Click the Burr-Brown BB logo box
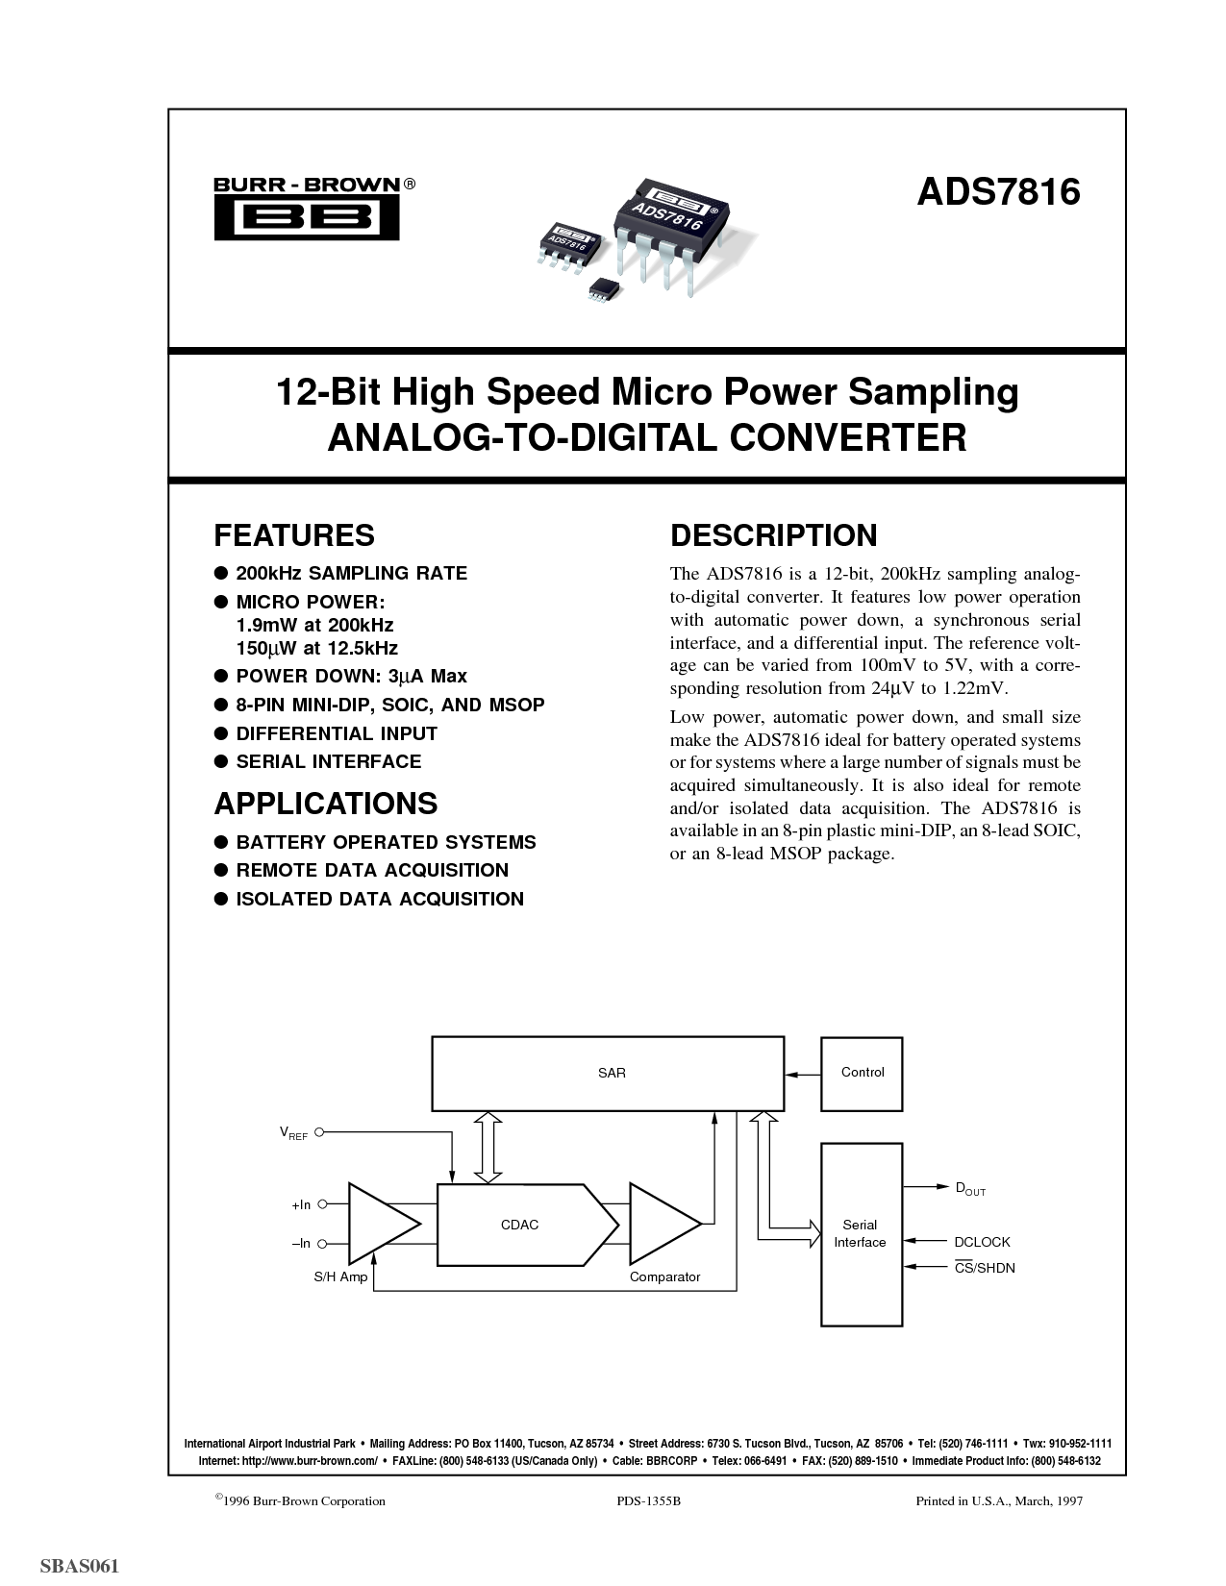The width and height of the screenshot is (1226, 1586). pyautogui.click(x=306, y=217)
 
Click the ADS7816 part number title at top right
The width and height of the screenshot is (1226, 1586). pyautogui.click(x=998, y=192)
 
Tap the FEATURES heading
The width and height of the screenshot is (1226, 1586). pyautogui.click(x=293, y=535)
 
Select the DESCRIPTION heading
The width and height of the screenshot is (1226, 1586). pyautogui.click(x=773, y=535)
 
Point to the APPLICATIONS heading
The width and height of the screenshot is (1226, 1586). pyautogui.click(x=326, y=804)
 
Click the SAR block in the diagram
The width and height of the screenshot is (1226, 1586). pyautogui.click(x=608, y=1074)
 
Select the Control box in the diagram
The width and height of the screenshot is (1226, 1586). pyautogui.click(x=862, y=1074)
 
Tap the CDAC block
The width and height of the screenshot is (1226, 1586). pyautogui.click(x=527, y=1224)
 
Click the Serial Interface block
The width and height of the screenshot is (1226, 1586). pyautogui.click(x=862, y=1234)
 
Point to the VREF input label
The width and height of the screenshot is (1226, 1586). pyautogui.click(x=293, y=1133)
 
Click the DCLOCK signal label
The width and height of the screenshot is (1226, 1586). pyautogui.click(x=982, y=1242)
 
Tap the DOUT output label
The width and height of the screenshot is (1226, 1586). pyautogui.click(x=970, y=1189)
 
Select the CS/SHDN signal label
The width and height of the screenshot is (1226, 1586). pyautogui.click(x=985, y=1268)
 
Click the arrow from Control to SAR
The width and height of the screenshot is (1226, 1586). pyautogui.click(x=803, y=1075)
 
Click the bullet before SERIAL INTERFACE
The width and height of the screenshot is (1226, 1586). pyautogui.click(x=221, y=762)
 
